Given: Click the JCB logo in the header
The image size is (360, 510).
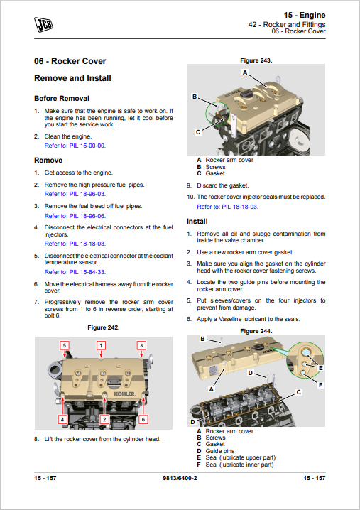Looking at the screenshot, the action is pyautogui.click(x=43, y=24).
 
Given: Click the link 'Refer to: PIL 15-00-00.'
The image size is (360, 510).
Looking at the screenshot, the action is pyautogui.click(x=75, y=146).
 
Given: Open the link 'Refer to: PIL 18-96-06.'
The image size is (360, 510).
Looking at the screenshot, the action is pyautogui.click(x=75, y=216).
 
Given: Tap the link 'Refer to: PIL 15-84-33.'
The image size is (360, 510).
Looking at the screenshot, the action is pyautogui.click(x=75, y=272).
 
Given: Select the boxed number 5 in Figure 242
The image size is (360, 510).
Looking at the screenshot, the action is pyautogui.click(x=65, y=345).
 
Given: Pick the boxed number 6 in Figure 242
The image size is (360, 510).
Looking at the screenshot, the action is pyautogui.click(x=143, y=419).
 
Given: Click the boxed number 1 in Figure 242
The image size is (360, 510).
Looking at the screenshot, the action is pyautogui.click(x=101, y=345).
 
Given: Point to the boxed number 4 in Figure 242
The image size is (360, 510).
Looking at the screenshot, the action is pyautogui.click(x=62, y=419).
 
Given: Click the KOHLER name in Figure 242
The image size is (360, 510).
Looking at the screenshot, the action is pyautogui.click(x=124, y=394).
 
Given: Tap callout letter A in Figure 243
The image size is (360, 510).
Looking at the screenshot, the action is pyautogui.click(x=245, y=72).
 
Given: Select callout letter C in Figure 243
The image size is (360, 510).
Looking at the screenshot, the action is pyautogui.click(x=197, y=132).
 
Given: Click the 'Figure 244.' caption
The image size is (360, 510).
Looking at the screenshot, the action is pyautogui.click(x=256, y=331).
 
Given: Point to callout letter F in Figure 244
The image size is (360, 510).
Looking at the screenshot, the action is pyautogui.click(x=321, y=385).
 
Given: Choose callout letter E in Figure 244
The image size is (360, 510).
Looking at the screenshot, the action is pyautogui.click(x=321, y=368).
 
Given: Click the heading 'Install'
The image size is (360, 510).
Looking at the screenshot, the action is pyautogui.click(x=197, y=222).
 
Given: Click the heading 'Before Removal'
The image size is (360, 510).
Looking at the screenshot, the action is pyautogui.click(x=62, y=99).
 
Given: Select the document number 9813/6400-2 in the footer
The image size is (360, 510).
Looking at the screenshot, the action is pyautogui.click(x=180, y=478).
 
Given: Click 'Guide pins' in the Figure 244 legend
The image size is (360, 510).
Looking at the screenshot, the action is pyautogui.click(x=220, y=451).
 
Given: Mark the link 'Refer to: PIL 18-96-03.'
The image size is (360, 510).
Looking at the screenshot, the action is pyautogui.click(x=75, y=194).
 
